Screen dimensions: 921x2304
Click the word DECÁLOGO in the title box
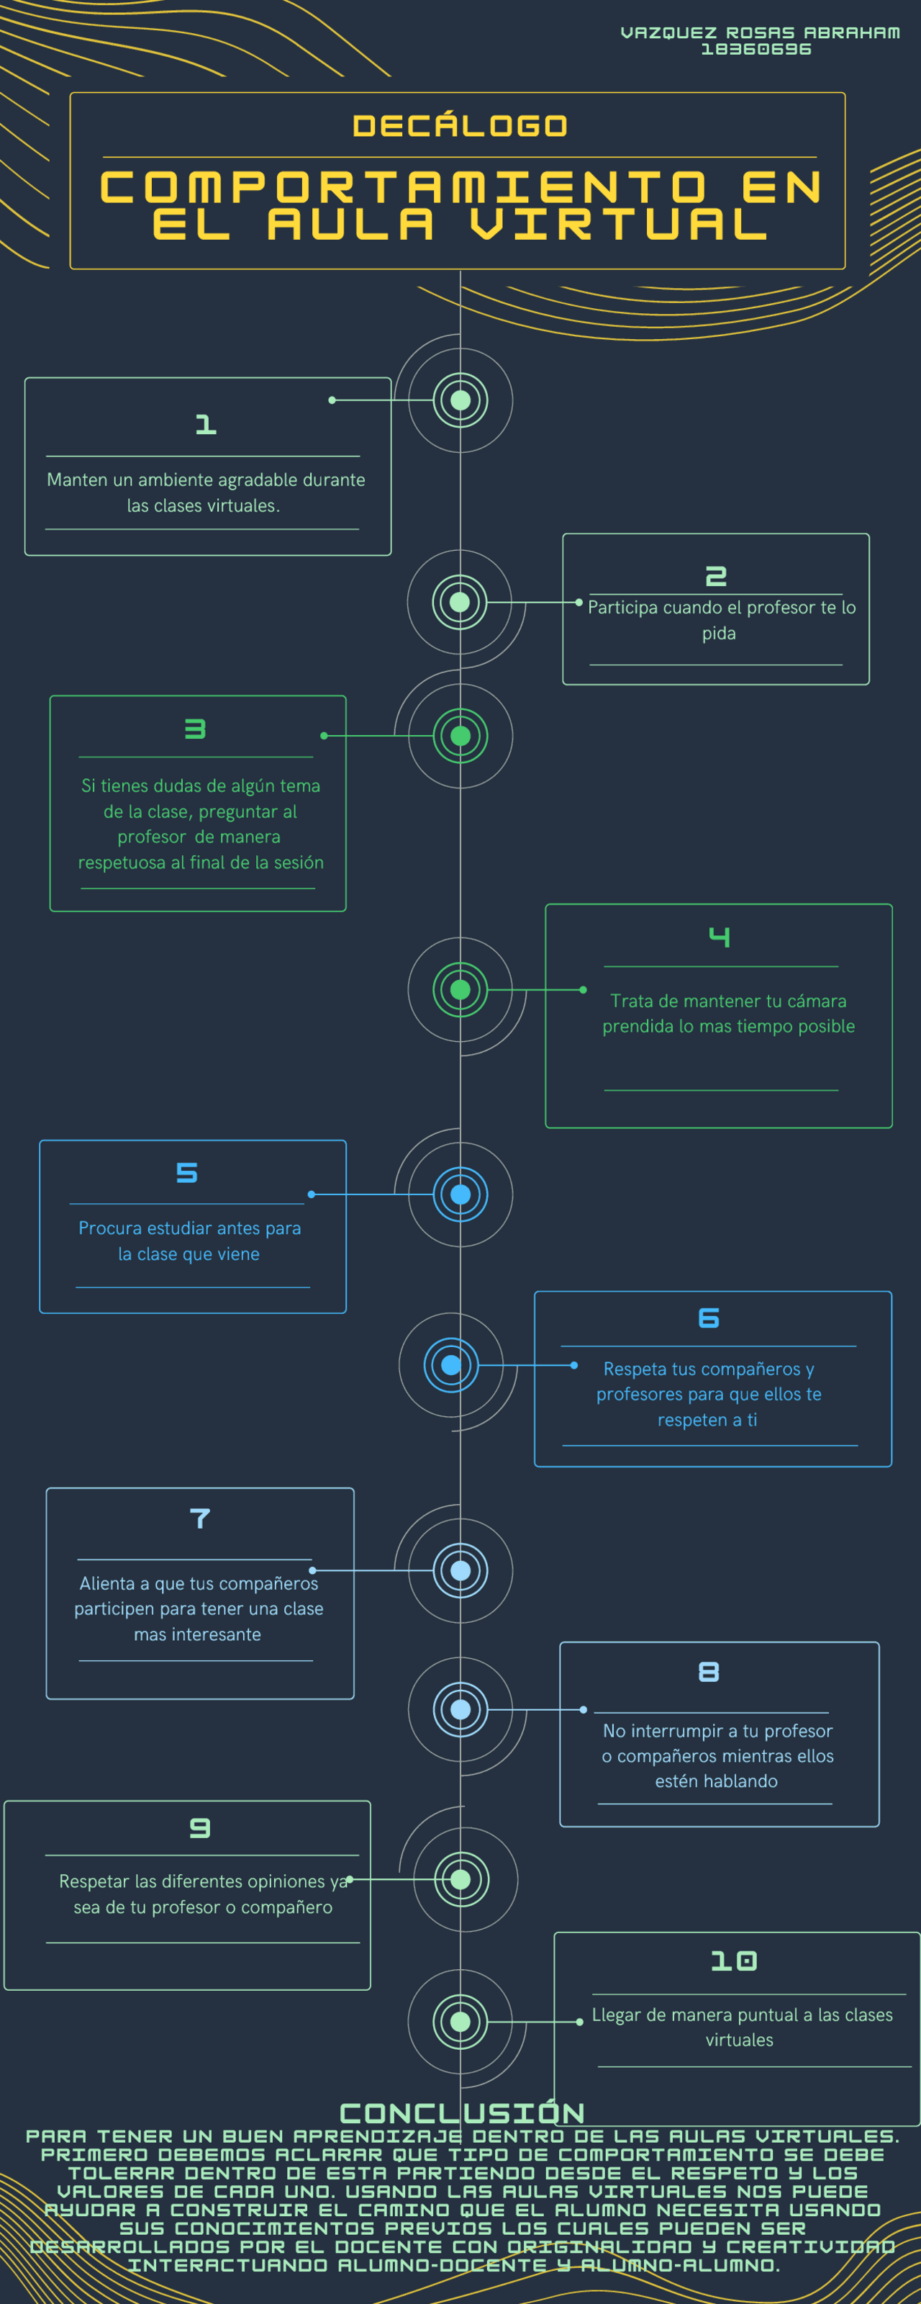tap(460, 126)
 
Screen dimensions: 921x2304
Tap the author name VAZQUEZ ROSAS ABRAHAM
tap(760, 33)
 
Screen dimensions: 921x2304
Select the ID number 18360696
tap(756, 49)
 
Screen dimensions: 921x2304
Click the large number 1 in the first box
tap(207, 424)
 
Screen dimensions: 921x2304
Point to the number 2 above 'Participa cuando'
tap(716, 576)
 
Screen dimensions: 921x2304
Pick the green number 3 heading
tap(195, 729)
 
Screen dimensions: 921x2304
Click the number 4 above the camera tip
tap(720, 937)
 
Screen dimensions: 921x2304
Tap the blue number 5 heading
tap(187, 1173)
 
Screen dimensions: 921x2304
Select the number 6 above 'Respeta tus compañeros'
tap(709, 1318)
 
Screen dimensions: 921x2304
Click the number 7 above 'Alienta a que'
tap(200, 1518)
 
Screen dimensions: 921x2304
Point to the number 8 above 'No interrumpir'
tap(709, 1672)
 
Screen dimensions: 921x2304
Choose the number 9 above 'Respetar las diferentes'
tap(200, 1828)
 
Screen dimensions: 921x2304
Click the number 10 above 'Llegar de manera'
tap(734, 1961)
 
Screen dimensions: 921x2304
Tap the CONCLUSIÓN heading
tap(462, 2112)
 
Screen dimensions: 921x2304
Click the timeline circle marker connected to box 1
tap(460, 400)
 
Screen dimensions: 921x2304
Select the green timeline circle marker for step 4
tap(460, 989)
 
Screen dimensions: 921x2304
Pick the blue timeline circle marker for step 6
tap(452, 1365)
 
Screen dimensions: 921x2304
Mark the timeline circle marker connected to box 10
tap(460, 2021)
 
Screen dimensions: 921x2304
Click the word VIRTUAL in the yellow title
tap(619, 224)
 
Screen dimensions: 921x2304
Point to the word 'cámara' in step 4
tap(817, 1001)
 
